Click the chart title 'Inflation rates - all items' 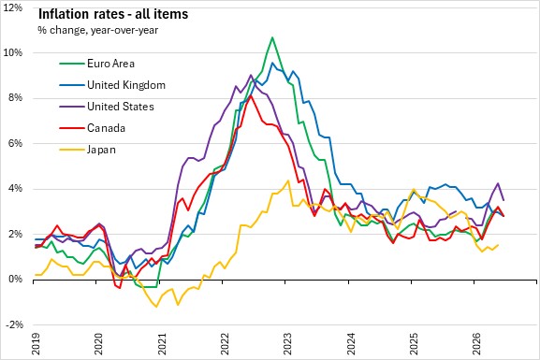(x=113, y=14)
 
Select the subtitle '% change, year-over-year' (x=98, y=30)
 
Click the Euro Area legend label (x=110, y=64)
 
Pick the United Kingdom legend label (x=126, y=85)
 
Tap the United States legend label (x=121, y=107)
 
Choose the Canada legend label (x=106, y=128)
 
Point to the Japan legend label (x=101, y=150)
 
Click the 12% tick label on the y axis (x=13, y=7)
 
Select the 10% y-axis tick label (x=13, y=52)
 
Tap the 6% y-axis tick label (x=15, y=143)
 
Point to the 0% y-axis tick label (x=15, y=279)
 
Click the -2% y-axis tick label (x=14, y=324)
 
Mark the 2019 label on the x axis (x=36, y=344)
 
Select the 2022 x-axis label (x=225, y=344)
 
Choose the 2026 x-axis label (x=477, y=344)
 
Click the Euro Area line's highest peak (x=272, y=37)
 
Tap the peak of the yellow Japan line (x=288, y=180)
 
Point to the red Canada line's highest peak (x=252, y=95)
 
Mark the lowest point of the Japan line (x=156, y=307)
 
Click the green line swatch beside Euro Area (x=72, y=64)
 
